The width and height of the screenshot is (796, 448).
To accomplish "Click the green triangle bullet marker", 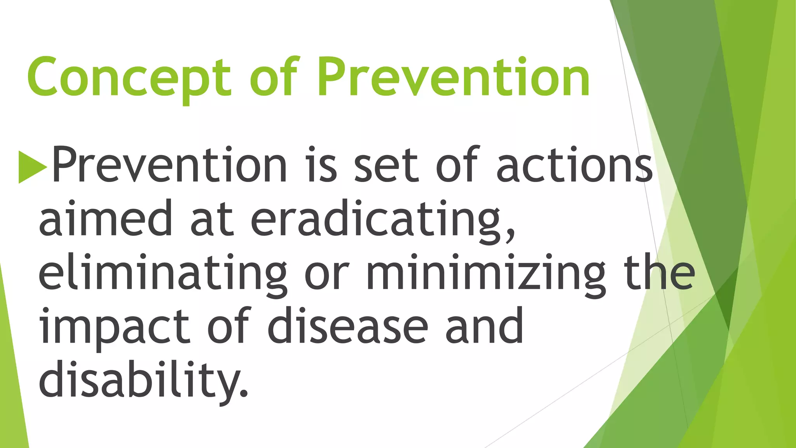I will [x=33, y=167].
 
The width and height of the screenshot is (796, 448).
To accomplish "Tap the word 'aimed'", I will [x=105, y=218].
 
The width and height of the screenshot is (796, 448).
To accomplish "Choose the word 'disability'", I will [x=138, y=379].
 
